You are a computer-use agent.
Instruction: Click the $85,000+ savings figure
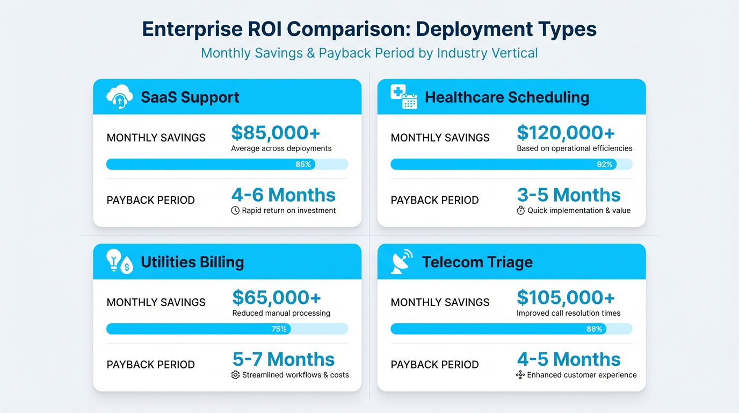click(276, 133)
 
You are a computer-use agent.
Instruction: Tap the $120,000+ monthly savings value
click(566, 133)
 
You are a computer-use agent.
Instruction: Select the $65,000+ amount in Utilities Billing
click(277, 297)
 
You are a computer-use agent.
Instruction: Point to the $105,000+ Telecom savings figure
click(566, 297)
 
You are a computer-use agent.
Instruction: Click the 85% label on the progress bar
click(303, 164)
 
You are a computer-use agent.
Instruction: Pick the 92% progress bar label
click(604, 164)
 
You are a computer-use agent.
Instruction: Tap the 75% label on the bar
click(279, 329)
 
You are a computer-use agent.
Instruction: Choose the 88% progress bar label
click(594, 329)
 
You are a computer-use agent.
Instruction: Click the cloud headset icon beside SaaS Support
click(119, 96)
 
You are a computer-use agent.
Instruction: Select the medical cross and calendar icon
click(404, 96)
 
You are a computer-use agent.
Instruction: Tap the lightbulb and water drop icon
click(119, 261)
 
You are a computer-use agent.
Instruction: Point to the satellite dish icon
click(402, 261)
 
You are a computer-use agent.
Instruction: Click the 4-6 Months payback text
click(284, 195)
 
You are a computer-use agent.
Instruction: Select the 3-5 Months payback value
click(569, 195)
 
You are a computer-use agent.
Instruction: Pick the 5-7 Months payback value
click(284, 359)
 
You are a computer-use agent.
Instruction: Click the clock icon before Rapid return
click(235, 210)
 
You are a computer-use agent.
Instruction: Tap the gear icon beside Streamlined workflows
click(235, 375)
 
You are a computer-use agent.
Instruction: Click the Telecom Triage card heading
click(477, 262)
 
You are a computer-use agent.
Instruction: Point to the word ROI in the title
click(265, 29)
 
